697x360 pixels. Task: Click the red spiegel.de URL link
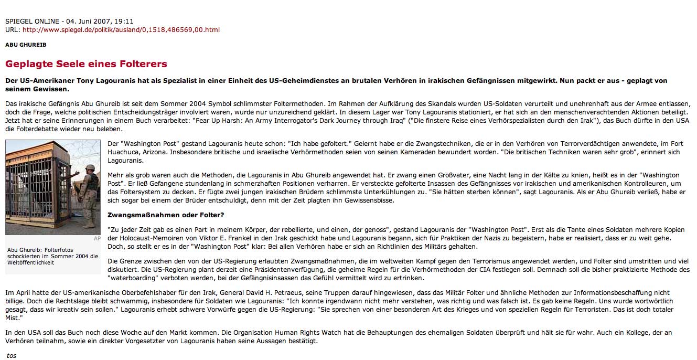coord(121,29)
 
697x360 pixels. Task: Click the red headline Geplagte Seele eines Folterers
coord(86,64)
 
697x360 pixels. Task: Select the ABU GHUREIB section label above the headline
coord(26,45)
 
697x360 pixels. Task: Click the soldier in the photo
coord(89,194)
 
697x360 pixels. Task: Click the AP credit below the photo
coord(96,238)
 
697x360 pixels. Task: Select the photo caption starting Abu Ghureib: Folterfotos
coord(52,256)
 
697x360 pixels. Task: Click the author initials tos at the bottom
coord(12,355)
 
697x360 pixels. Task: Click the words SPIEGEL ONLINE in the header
coord(31,21)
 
